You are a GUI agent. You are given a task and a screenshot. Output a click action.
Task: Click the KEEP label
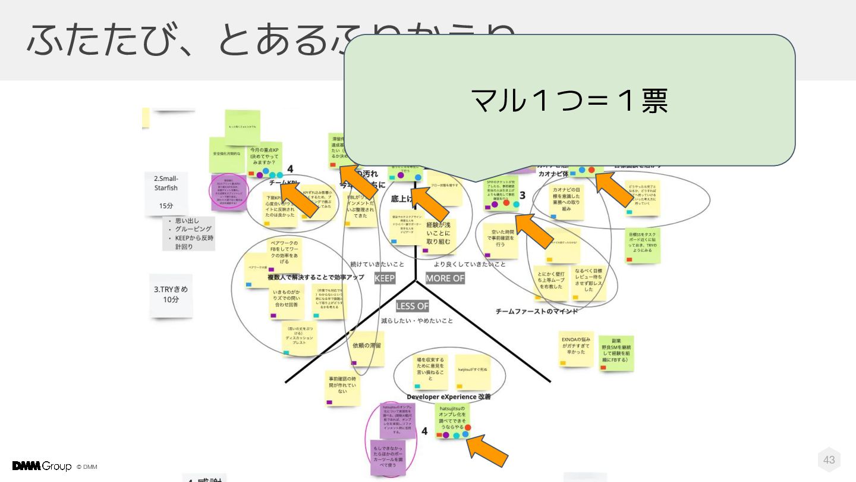click(x=385, y=278)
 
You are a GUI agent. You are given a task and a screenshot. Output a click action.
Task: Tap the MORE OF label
click(x=445, y=278)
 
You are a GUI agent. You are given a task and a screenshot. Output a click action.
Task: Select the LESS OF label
click(x=412, y=306)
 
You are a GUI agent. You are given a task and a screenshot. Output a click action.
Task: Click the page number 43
click(x=829, y=459)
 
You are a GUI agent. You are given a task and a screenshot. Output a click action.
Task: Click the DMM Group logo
click(x=42, y=466)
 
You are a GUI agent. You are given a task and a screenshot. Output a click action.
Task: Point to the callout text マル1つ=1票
click(x=569, y=101)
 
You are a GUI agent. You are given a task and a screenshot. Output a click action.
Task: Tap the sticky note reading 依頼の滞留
click(x=367, y=347)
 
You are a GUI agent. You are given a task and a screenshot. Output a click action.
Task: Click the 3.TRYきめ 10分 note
click(x=171, y=295)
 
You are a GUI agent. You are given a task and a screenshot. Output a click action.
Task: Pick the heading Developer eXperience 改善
click(x=448, y=396)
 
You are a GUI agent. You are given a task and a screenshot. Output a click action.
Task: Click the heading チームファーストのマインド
click(x=536, y=311)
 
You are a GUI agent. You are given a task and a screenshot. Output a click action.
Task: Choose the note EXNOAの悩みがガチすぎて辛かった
click(x=576, y=347)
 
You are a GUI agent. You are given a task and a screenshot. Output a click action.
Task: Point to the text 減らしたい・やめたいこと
click(x=417, y=321)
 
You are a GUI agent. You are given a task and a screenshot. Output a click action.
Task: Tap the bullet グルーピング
click(x=193, y=229)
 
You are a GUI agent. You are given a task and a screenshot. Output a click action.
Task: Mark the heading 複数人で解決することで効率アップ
click(x=315, y=277)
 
